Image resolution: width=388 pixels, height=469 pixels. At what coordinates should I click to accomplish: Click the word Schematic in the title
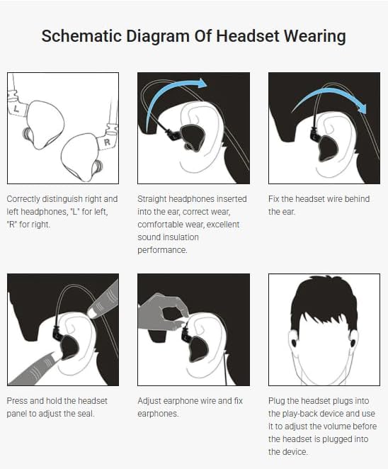pos(81,36)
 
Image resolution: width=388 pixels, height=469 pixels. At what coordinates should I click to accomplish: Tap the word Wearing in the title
pos(314,37)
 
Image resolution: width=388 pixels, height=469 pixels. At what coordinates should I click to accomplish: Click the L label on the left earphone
pos(16,109)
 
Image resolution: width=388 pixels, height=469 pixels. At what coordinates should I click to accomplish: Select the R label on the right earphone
pos(107,142)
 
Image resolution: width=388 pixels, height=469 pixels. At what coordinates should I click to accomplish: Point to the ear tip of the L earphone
pos(26,133)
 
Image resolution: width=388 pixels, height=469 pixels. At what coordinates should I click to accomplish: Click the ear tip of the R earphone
pos(98,167)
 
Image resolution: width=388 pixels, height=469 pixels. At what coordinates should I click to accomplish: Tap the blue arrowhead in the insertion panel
pos(201,83)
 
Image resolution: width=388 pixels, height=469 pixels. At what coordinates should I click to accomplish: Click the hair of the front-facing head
pos(324,302)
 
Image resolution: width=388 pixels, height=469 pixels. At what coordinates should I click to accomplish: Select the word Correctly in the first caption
pos(23,200)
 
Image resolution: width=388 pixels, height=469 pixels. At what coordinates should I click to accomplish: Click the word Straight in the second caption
pos(152,200)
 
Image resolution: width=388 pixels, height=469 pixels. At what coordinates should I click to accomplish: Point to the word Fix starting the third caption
pos(273,199)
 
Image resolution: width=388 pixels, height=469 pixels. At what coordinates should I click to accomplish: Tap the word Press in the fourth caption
pos(17,401)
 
